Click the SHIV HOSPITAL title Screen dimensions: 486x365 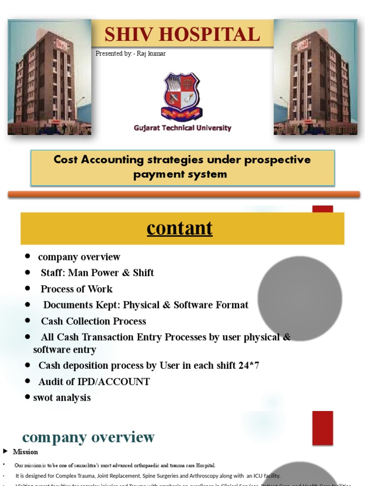coord(182,34)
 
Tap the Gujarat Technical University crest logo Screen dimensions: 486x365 coord(182,96)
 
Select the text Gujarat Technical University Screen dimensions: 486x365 coord(182,128)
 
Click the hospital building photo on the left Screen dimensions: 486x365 coord(49,77)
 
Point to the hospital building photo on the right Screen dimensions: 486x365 coord(315,77)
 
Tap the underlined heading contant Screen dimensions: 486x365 coord(180,228)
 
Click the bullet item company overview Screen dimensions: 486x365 coord(79,257)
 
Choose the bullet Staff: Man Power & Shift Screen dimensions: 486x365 coord(97,273)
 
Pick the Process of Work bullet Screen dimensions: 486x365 coord(77,289)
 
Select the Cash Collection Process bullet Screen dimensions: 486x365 coord(93,321)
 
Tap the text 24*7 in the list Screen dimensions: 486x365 coord(250,365)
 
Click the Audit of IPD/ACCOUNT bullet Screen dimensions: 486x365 coord(94,382)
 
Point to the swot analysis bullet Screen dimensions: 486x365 coord(62,398)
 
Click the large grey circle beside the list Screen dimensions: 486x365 coord(299,299)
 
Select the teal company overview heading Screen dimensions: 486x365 coord(88,437)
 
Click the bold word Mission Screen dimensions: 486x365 coord(25,452)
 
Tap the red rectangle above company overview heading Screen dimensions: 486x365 coord(322,428)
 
